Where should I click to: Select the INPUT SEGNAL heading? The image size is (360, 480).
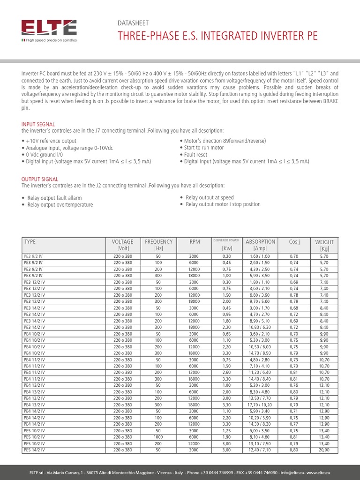tap(38, 124)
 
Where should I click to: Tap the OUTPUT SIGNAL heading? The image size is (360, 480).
tap(40, 179)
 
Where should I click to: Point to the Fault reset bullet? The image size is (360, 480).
tap(195, 154)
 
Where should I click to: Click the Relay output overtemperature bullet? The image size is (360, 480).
tap(60, 205)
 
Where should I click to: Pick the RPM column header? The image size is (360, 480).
tap(195, 242)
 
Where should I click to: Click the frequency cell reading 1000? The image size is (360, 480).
tap(158, 437)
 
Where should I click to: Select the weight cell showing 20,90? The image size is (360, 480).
tap(324, 450)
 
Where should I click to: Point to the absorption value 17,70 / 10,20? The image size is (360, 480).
tap(260, 405)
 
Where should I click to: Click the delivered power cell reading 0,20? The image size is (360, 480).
tap(227, 257)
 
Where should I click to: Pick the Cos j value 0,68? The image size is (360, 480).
tap(294, 308)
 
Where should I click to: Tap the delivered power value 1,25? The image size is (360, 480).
tap(227, 430)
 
